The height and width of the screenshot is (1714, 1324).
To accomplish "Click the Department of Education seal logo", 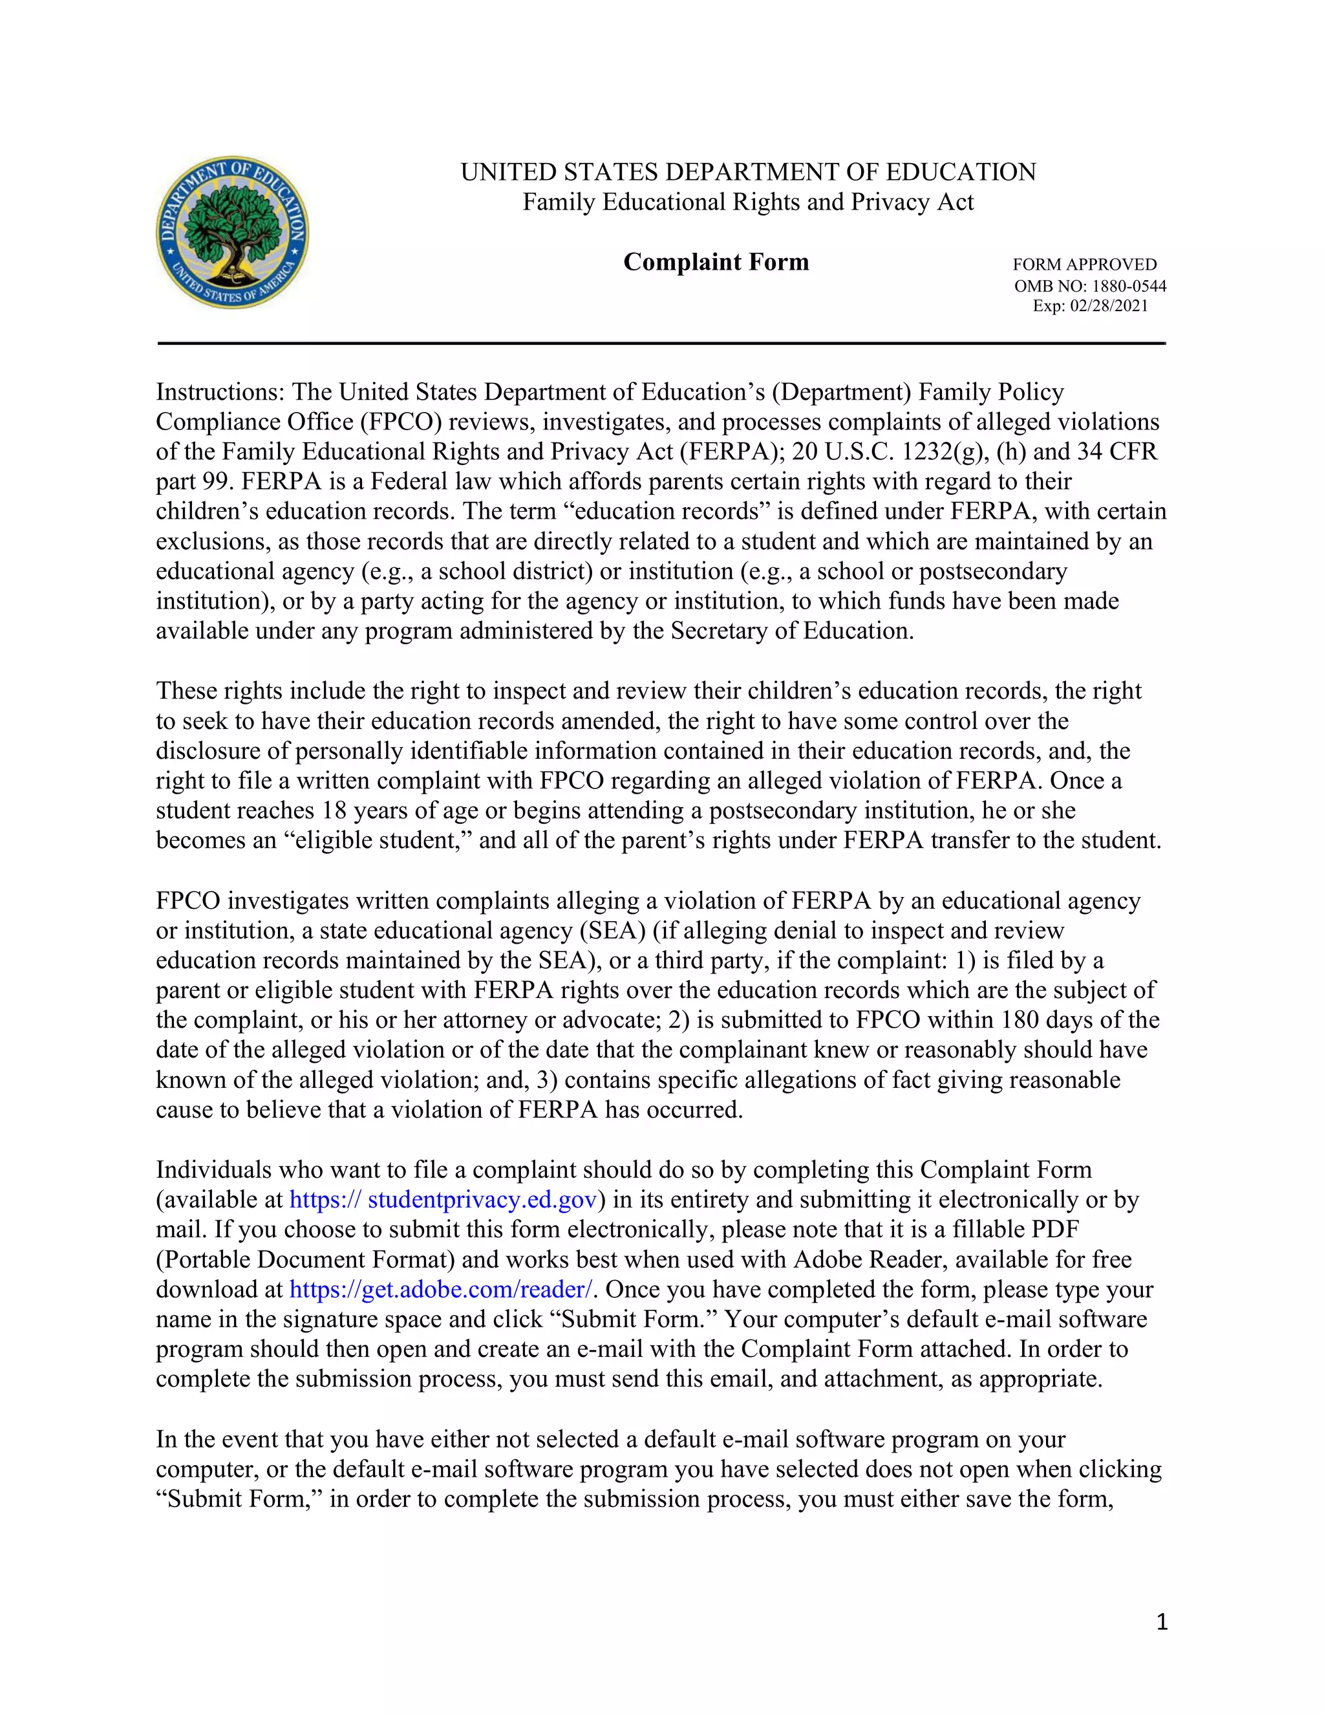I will click(232, 232).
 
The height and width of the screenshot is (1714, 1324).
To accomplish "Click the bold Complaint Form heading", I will click(716, 262).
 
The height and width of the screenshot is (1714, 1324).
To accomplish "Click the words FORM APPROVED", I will click(1084, 265).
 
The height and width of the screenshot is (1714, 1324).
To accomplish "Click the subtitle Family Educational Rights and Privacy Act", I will click(747, 202).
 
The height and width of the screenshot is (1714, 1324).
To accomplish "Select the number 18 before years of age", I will click(330, 810).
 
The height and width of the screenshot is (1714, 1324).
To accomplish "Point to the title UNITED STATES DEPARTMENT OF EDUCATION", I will click(747, 173).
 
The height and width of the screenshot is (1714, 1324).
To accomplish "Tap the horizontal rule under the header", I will click(661, 343).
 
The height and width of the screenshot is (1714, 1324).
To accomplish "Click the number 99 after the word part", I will click(213, 482).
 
